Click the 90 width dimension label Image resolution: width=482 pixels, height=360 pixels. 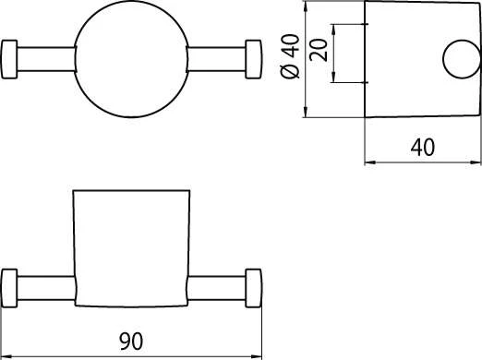coord(131,341)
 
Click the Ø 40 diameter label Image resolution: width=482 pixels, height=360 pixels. coord(290,56)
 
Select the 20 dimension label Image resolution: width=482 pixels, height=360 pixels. coord(319,50)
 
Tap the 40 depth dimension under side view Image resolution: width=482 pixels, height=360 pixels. coord(423,147)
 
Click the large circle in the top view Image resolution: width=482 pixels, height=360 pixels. coord(131,1)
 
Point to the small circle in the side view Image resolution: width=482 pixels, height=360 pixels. coord(462,41)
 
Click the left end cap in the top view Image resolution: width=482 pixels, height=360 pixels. coord(9,59)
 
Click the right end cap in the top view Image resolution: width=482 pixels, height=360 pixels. coord(254,59)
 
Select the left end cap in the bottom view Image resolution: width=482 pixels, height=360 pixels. coord(9,288)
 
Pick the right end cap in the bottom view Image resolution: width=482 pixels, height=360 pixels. coord(254,288)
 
